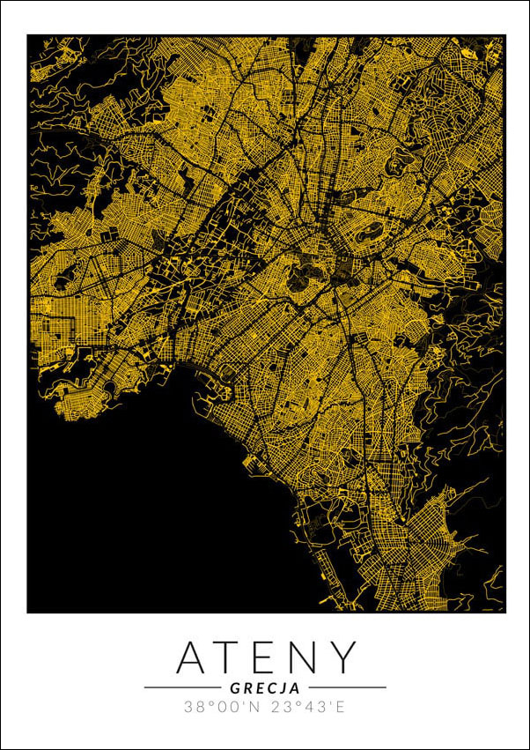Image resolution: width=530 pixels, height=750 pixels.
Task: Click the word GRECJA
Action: coord(265,687)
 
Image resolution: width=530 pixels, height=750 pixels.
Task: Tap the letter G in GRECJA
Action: coord(235,687)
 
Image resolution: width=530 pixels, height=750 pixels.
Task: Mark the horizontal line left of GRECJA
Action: coord(181,687)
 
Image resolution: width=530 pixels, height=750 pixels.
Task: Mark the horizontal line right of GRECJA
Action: coord(347,687)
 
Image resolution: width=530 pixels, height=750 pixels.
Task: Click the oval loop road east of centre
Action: coord(371,233)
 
